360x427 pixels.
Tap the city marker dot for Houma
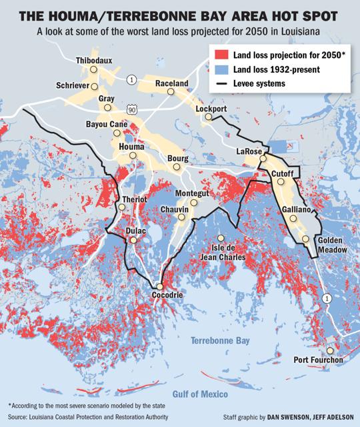click(133, 155)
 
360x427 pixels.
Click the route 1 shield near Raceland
click(133, 80)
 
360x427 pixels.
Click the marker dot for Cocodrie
click(160, 282)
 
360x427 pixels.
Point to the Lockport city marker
click(208, 117)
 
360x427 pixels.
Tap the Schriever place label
click(75, 87)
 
